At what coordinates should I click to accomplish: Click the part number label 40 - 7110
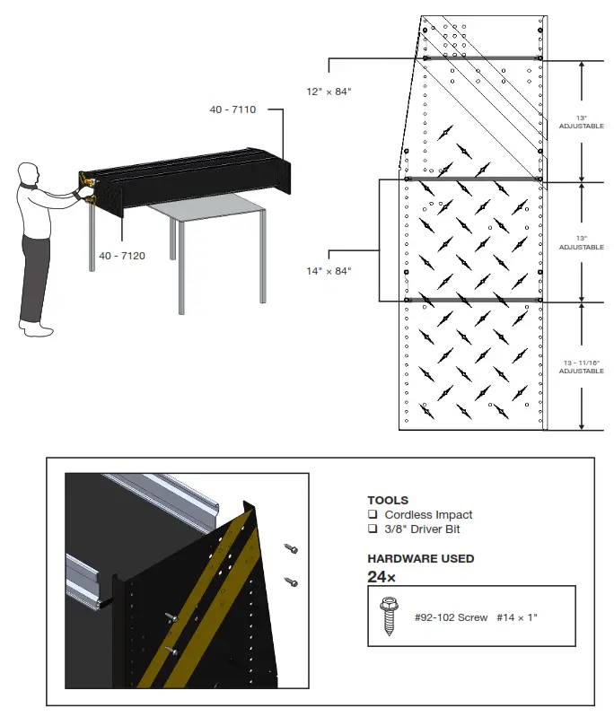pos(232,109)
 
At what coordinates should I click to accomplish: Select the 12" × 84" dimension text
pos(329,92)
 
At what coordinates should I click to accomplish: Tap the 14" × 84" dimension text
pos(329,270)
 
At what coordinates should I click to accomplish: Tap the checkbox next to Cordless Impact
pos(372,515)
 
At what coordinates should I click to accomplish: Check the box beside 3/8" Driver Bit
pos(372,529)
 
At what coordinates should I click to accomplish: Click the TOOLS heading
pos(387,500)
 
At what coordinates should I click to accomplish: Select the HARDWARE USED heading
pos(420,558)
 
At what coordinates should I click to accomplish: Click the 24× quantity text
pos(382,576)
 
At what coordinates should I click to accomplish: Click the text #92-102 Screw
pos(452,617)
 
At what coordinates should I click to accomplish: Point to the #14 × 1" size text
pos(520,617)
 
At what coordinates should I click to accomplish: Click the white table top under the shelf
pos(206,210)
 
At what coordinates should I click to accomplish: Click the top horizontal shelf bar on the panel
pos(481,59)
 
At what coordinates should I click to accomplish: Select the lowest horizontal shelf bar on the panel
pos(474,299)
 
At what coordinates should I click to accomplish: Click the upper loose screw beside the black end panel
pos(291,547)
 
